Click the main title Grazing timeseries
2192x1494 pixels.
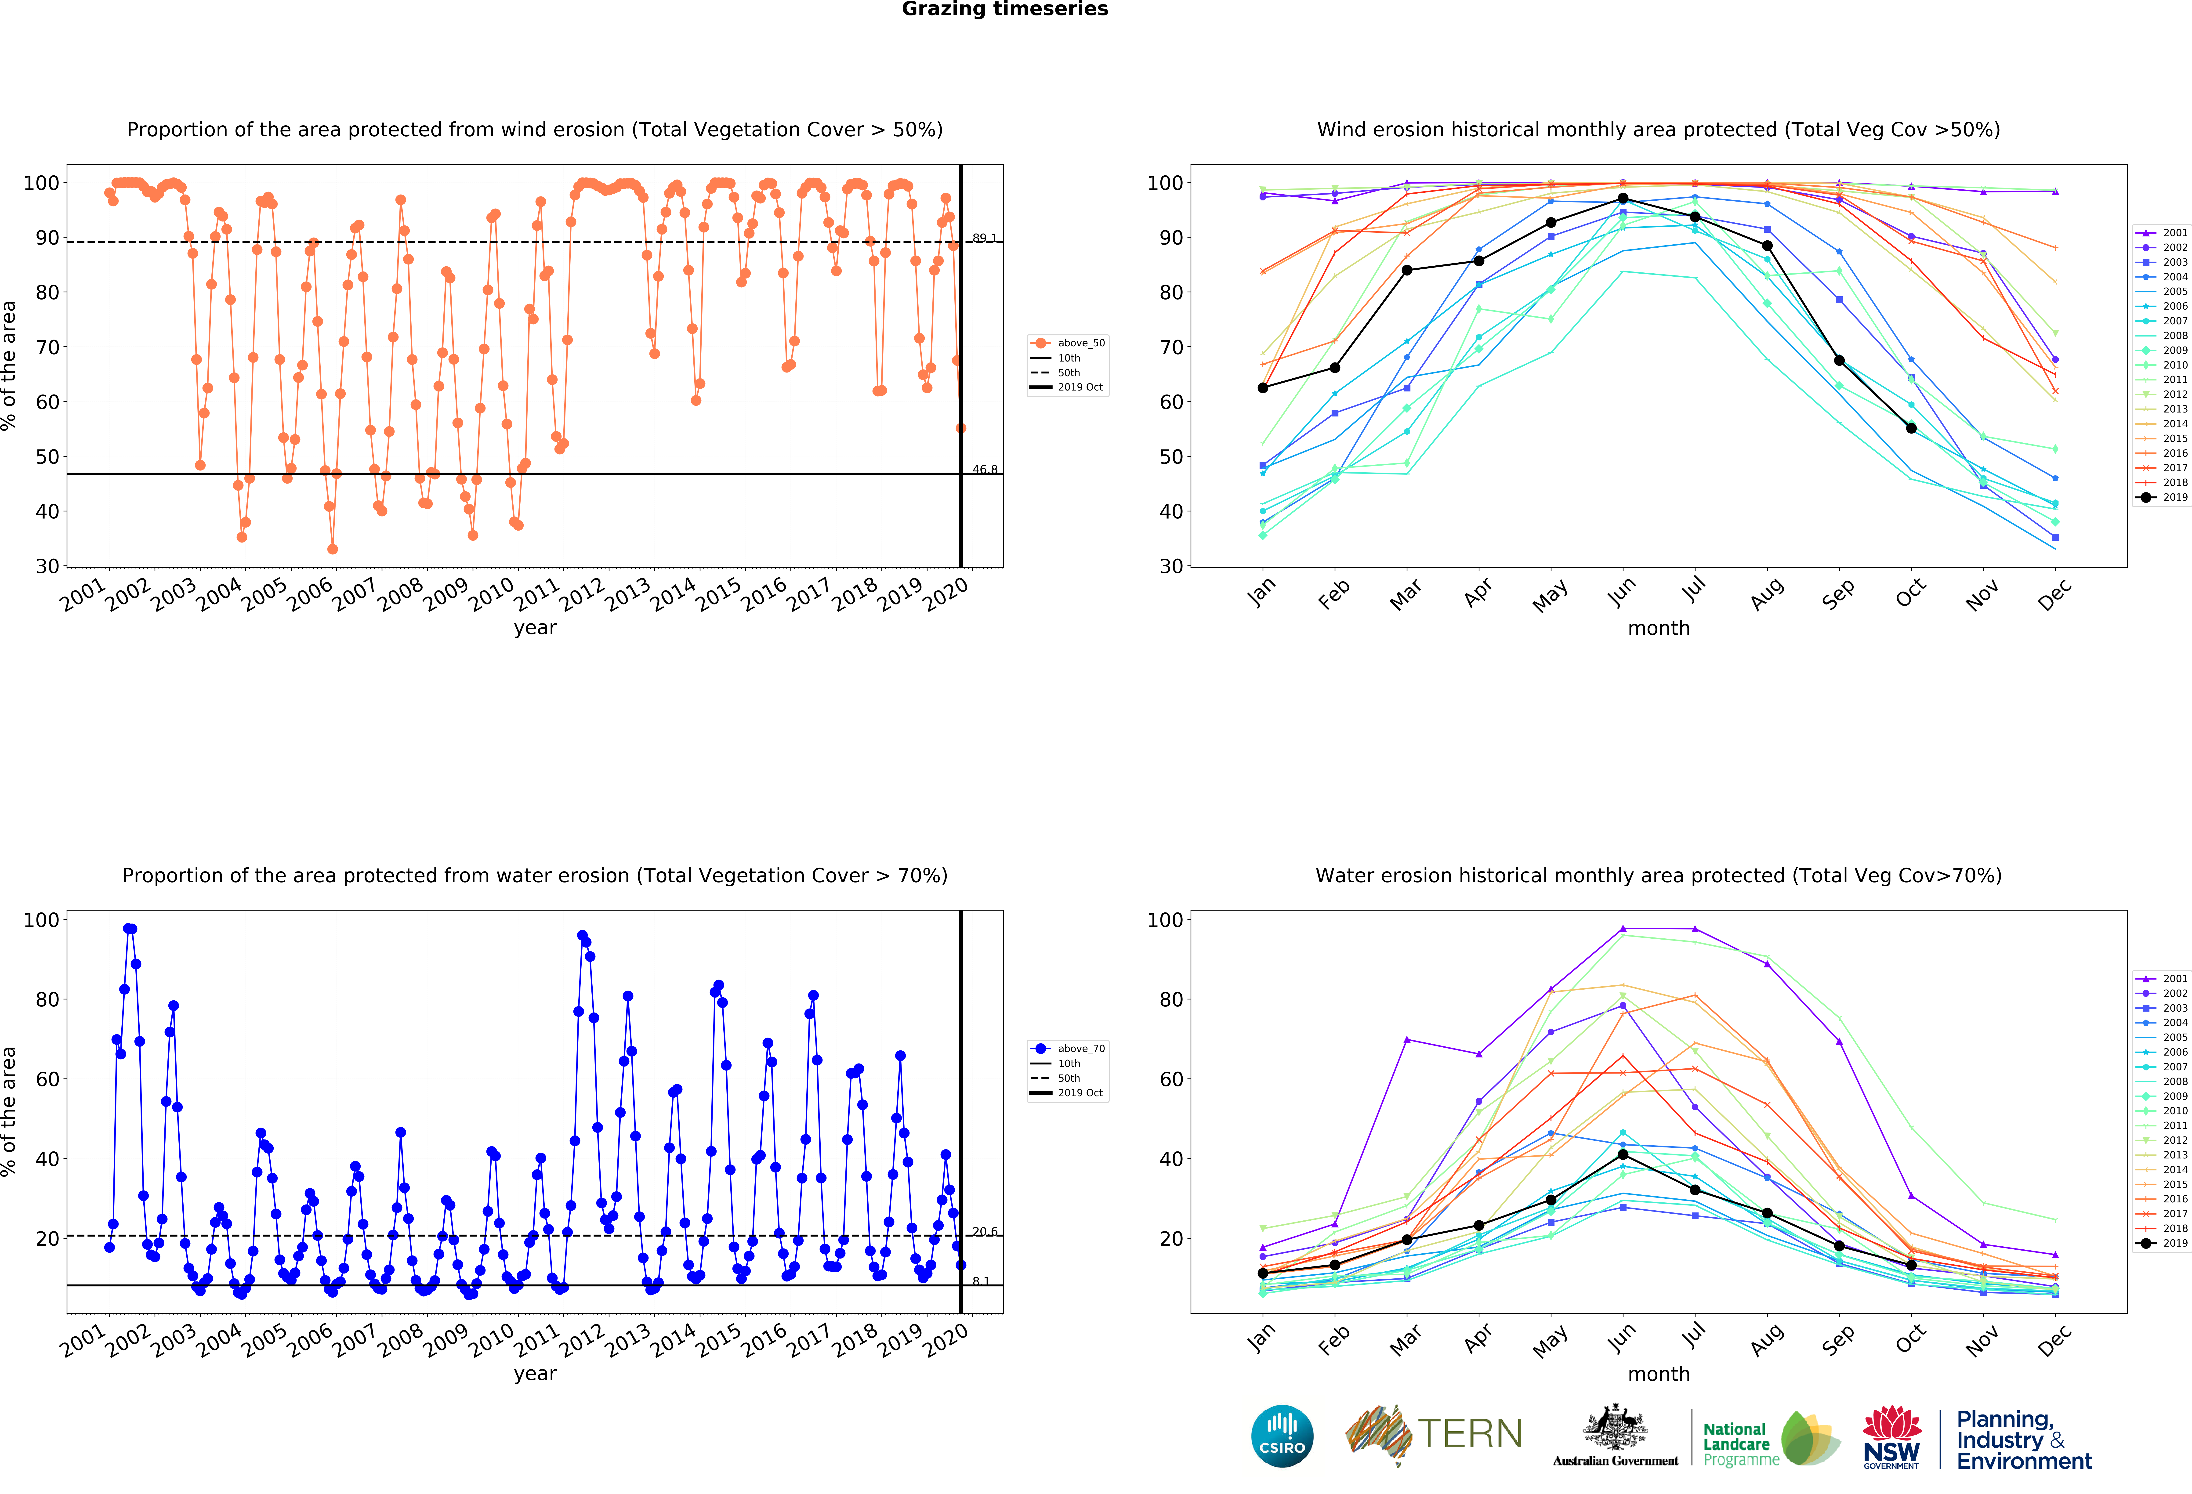1004,9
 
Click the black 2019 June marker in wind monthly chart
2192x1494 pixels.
1622,199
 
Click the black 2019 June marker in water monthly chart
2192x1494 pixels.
1622,1154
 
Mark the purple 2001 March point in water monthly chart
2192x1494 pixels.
1406,1039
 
